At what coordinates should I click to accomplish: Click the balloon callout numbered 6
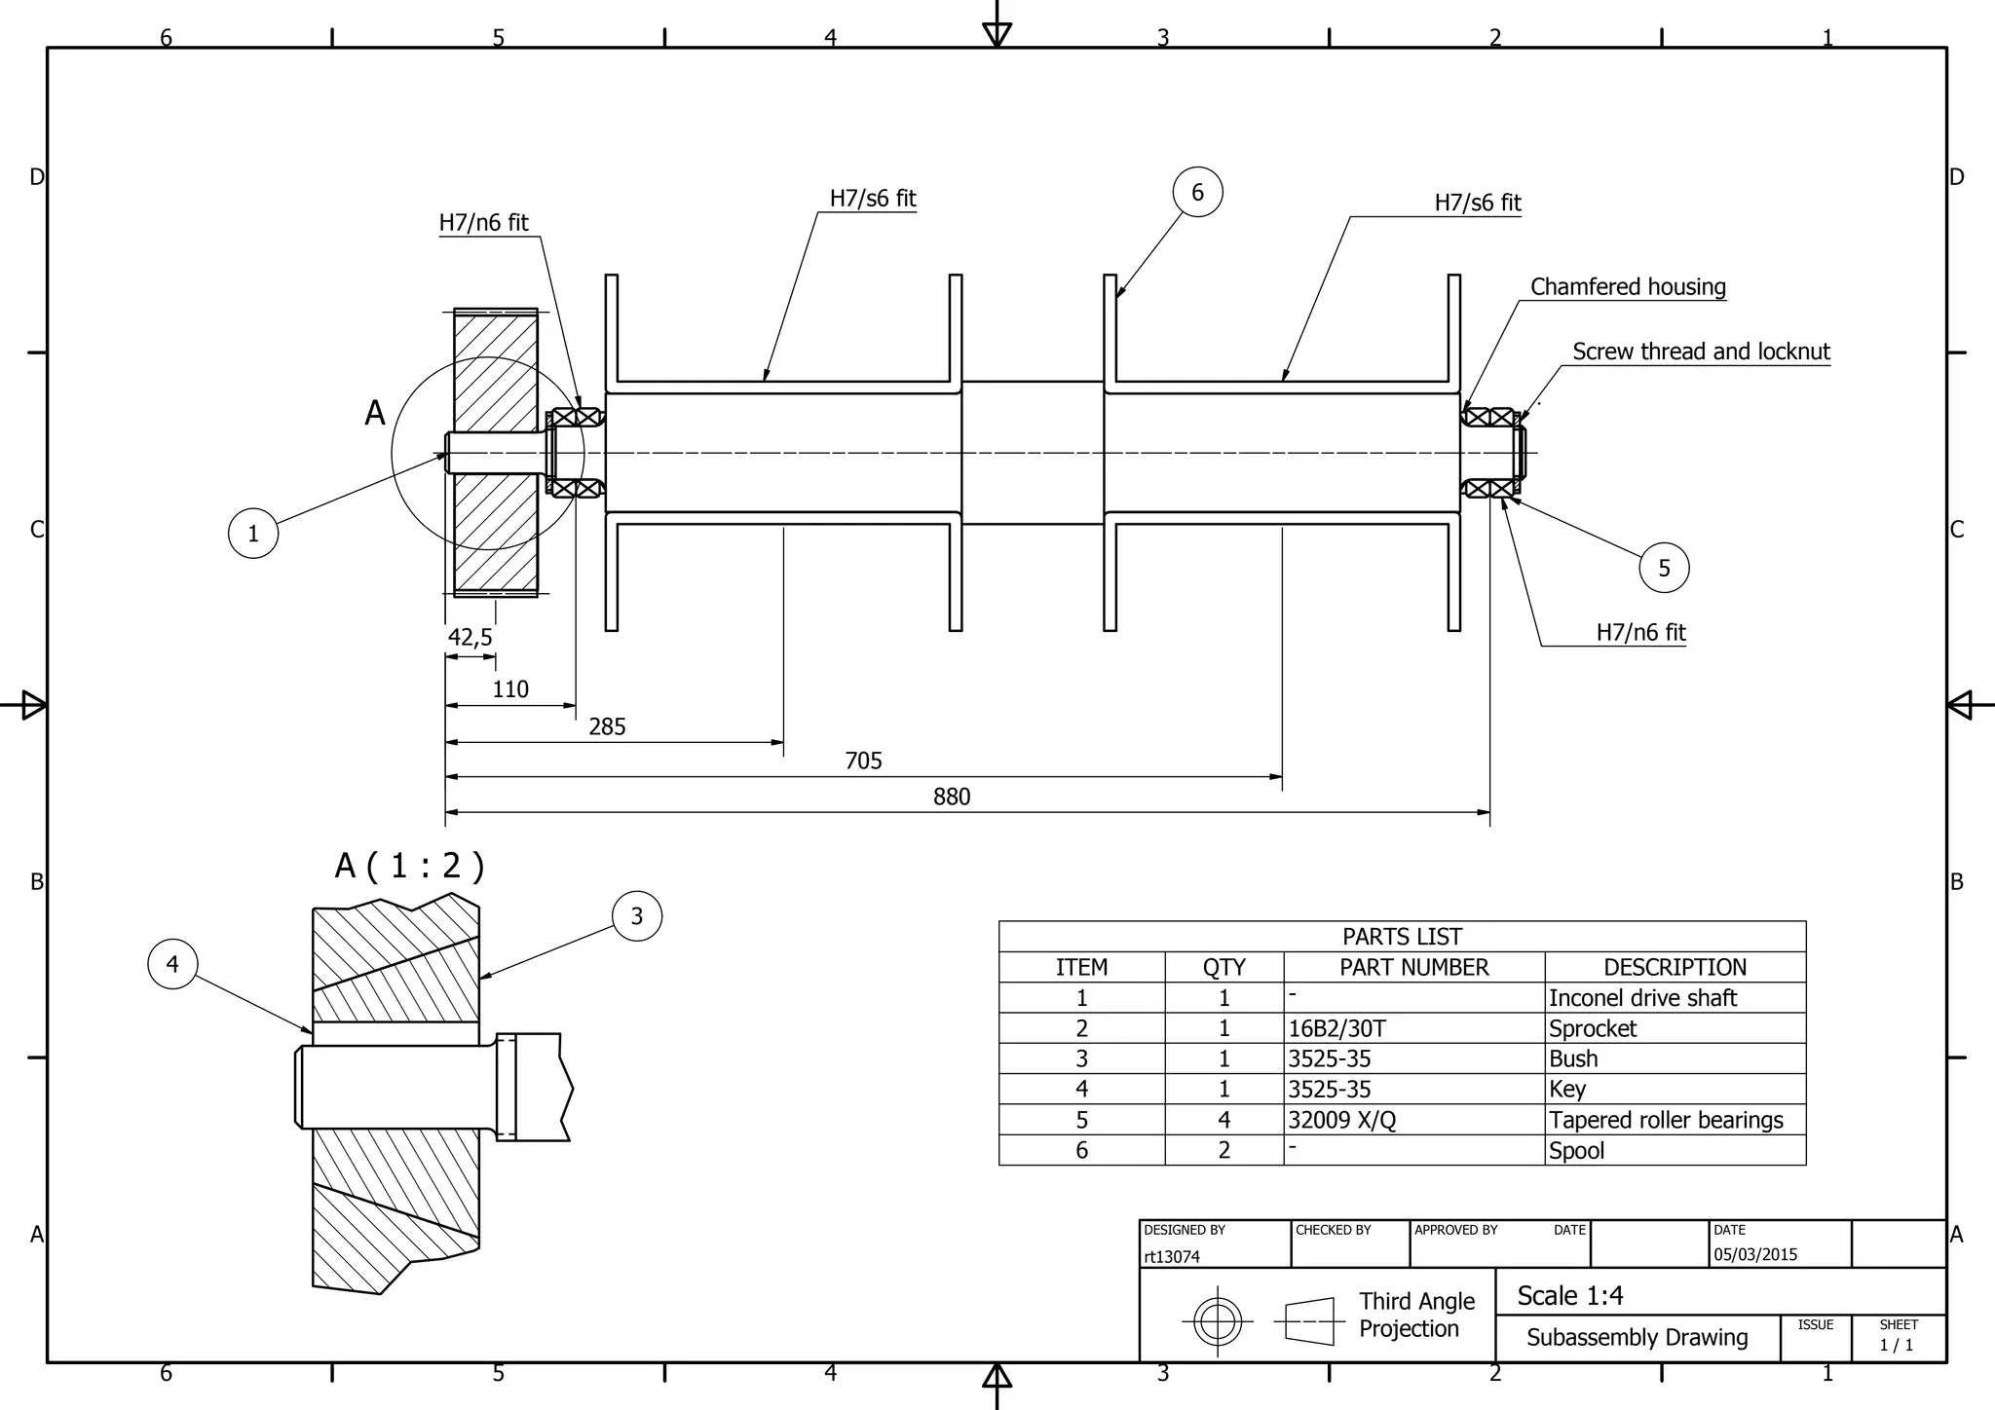click(1197, 192)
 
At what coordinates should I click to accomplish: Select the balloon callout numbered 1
click(253, 533)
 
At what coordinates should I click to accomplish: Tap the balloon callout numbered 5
click(1664, 568)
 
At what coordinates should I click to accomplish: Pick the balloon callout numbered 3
click(637, 915)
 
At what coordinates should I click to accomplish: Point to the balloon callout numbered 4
click(172, 964)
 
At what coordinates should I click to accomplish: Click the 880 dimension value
click(952, 797)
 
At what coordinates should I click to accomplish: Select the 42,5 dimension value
click(470, 637)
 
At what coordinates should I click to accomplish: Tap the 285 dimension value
click(607, 726)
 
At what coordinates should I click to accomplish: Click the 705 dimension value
click(863, 761)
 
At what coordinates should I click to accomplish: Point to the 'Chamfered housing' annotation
click(1628, 286)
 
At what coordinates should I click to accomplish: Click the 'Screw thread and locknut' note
click(1701, 352)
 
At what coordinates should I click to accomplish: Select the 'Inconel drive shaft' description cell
click(1642, 998)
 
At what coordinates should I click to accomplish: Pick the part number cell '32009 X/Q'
click(1341, 1120)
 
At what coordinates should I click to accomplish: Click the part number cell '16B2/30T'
click(1336, 1028)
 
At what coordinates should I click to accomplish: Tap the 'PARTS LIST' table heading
click(1402, 937)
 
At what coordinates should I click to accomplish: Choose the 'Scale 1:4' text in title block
click(1570, 1296)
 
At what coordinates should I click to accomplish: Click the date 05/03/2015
click(1755, 1254)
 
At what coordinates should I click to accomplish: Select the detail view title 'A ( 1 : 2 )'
click(409, 865)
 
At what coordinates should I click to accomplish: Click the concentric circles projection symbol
click(1217, 1321)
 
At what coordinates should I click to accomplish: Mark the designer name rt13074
click(1172, 1257)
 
